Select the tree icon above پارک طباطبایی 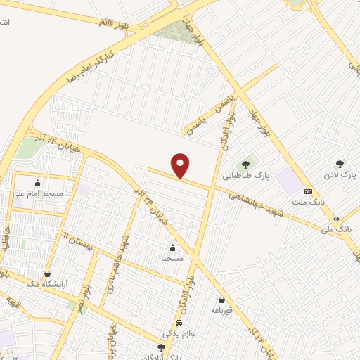point(245,165)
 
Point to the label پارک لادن point(340,173)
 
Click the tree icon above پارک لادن point(340,162)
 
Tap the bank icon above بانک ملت point(308,191)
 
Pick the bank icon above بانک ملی point(336,218)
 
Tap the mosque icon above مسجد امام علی point(37,182)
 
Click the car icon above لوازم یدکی point(179,322)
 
